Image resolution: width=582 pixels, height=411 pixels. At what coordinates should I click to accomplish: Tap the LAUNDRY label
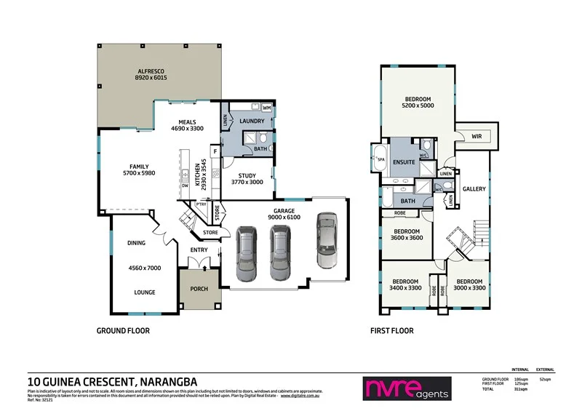251,121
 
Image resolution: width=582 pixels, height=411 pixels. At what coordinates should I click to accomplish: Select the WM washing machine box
266,108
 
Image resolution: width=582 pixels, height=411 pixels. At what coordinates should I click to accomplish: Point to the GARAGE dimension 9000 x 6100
284,218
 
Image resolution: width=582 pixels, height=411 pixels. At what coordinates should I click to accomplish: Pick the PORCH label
199,289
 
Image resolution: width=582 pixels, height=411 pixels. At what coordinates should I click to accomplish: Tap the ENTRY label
199,250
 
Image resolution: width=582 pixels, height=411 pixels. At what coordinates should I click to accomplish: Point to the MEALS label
186,121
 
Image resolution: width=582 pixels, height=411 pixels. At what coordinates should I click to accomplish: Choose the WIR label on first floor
477,135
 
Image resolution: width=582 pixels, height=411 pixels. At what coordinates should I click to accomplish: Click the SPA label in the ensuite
380,157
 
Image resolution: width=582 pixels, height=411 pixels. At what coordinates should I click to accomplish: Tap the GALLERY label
474,189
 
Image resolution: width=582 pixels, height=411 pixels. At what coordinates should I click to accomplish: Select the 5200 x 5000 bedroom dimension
418,106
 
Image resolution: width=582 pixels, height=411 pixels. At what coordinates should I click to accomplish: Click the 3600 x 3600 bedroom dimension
406,239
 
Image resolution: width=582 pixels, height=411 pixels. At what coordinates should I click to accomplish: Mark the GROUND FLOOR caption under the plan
123,330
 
